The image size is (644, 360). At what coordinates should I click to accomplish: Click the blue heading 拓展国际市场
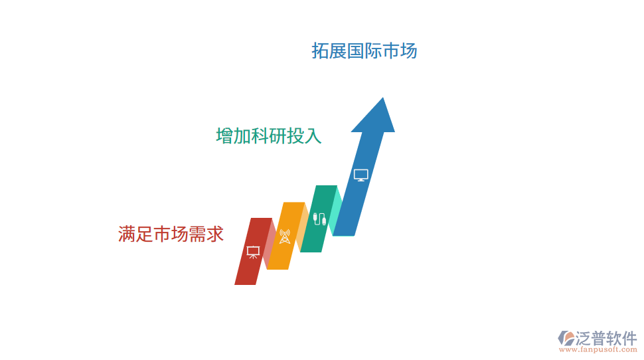click(x=364, y=51)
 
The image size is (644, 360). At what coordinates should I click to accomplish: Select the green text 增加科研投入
click(x=269, y=136)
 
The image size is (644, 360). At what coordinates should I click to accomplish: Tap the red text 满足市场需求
click(x=171, y=234)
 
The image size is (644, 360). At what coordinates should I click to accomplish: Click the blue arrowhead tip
click(x=382, y=101)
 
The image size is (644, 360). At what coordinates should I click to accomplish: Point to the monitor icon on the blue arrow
click(x=361, y=175)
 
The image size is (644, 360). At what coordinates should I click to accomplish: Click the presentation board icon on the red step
click(x=252, y=252)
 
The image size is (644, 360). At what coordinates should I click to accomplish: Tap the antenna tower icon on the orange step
click(x=284, y=236)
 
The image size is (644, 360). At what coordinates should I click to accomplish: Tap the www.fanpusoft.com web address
click(x=598, y=349)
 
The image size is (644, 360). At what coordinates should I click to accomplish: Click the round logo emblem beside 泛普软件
click(x=566, y=337)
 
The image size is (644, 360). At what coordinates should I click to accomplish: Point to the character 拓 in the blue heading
click(x=321, y=51)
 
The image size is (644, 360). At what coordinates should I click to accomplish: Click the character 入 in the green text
click(x=313, y=136)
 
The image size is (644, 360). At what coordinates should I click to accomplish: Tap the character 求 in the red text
click(x=215, y=234)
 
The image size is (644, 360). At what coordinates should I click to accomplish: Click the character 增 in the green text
click(x=225, y=136)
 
